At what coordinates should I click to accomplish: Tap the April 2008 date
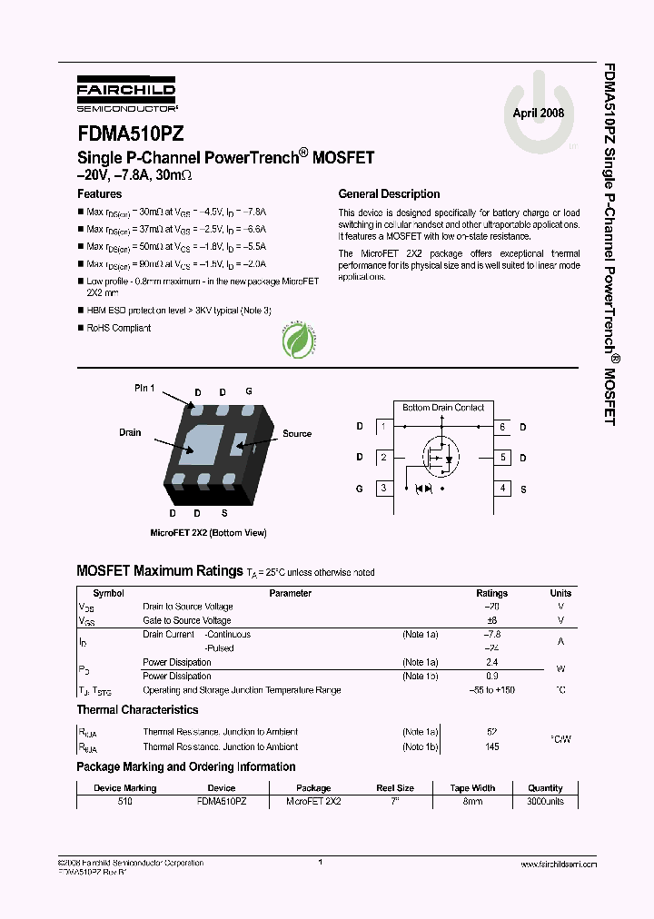pos(538,114)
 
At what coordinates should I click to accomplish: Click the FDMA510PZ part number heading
pos(131,133)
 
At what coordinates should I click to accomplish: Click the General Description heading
pos(389,194)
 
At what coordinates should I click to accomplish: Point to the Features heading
pos(100,194)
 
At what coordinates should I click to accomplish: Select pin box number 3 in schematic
pos(384,489)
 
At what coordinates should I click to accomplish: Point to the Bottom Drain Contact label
pos(443,408)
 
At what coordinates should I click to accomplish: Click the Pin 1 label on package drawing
pos(145,389)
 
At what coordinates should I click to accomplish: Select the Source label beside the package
pos(297,433)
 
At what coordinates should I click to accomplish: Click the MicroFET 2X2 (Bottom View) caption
pos(208,533)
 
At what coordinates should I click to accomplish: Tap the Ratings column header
pos(492,593)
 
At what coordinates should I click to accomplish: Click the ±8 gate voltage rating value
pos(492,620)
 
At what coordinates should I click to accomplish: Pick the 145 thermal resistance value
pos(492,747)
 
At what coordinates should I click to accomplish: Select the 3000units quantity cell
pos(545,802)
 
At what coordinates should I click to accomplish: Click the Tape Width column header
pos(472,788)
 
